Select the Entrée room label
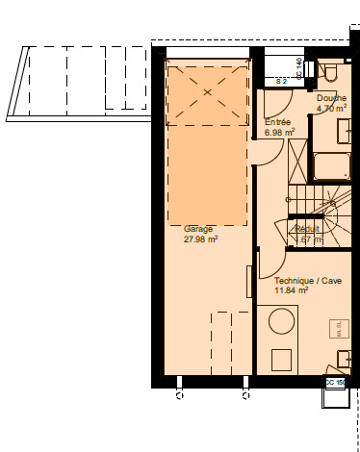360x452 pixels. [x=277, y=122]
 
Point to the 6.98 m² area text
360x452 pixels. [x=280, y=133]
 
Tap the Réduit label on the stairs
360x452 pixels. [x=308, y=229]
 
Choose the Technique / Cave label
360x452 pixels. [x=307, y=280]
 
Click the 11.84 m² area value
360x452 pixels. [x=291, y=289]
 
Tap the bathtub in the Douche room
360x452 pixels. [x=331, y=165]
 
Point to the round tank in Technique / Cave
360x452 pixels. [x=281, y=326]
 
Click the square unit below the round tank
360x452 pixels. [x=281, y=358]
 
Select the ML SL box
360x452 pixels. [x=339, y=330]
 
